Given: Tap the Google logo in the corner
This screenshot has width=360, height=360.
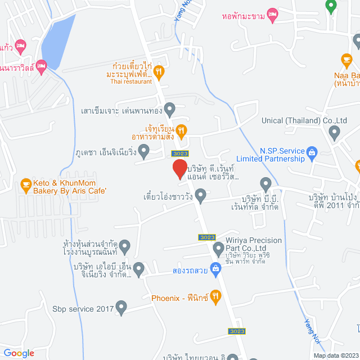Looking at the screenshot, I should point(19,353).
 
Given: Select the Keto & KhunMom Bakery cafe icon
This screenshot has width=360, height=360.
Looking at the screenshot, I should point(25,183).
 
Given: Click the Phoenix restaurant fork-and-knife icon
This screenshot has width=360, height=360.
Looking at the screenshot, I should point(216,296).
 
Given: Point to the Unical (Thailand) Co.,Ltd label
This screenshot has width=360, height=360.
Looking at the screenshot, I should point(304,120).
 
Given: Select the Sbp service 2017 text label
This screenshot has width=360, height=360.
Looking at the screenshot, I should point(83,308).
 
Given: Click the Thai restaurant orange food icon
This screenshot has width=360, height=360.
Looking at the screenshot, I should point(159,71).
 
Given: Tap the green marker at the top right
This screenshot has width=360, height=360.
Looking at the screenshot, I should point(331,6).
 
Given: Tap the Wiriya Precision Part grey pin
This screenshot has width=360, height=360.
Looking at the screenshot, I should point(219,247).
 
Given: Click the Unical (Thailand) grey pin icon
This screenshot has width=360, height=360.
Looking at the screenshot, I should point(335,133).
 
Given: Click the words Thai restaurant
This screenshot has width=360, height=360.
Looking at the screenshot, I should point(131,82).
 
